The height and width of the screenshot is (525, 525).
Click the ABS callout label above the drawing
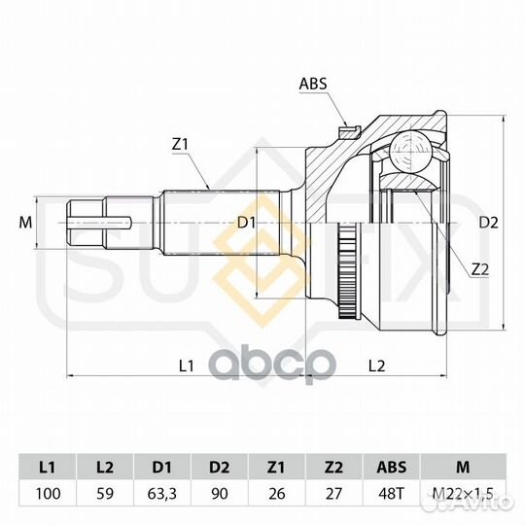313,84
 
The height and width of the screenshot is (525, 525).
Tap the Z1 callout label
180,144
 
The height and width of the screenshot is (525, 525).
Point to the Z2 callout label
480,270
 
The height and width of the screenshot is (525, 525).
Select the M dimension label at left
25,223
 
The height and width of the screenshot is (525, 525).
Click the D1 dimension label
246,223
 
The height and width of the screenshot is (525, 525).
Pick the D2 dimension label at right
488,223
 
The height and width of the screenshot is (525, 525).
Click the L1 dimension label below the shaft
186,366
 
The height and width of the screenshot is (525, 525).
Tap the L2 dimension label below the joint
376,366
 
